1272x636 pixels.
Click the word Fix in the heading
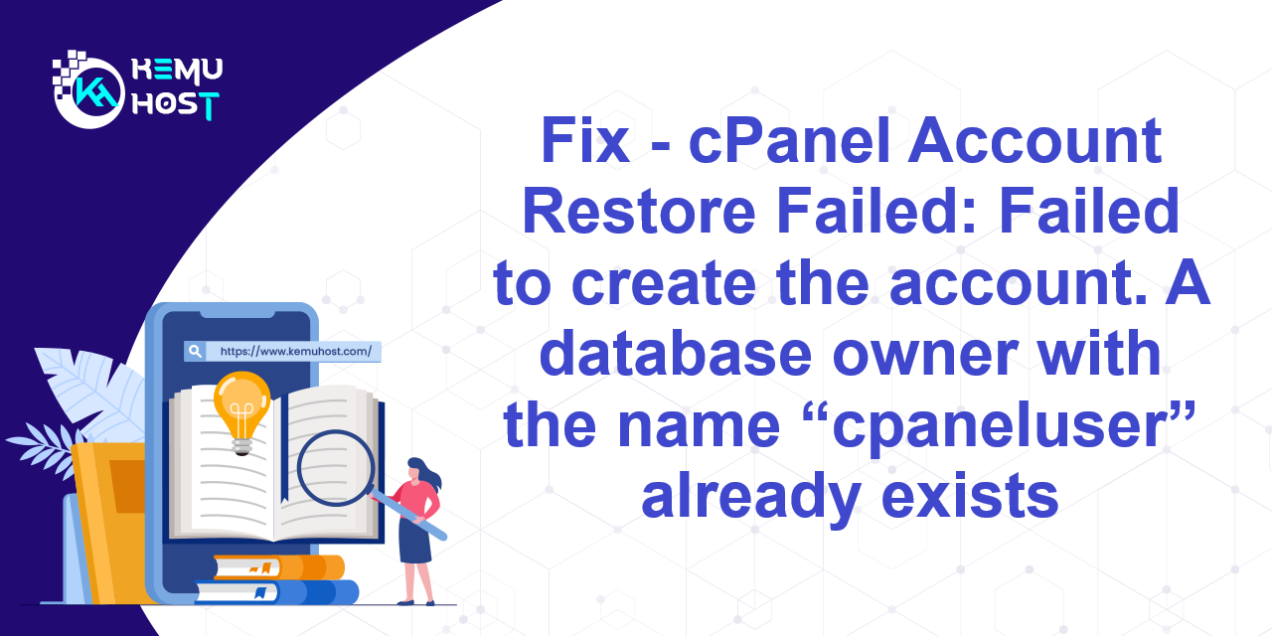585,140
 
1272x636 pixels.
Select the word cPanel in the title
789,140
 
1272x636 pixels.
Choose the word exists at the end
970,495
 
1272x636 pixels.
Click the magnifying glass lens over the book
336,468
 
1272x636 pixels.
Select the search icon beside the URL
195,351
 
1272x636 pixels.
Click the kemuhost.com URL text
296,352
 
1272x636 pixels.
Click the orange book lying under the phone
279,566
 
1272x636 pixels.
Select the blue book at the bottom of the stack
277,592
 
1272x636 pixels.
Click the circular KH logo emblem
89,92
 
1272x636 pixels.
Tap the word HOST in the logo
176,105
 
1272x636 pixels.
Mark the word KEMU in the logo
177,70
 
